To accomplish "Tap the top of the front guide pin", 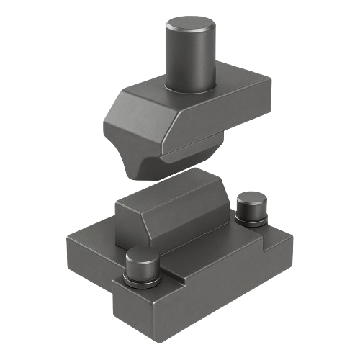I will (x=141, y=256).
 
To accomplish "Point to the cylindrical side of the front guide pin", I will (x=141, y=269).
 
